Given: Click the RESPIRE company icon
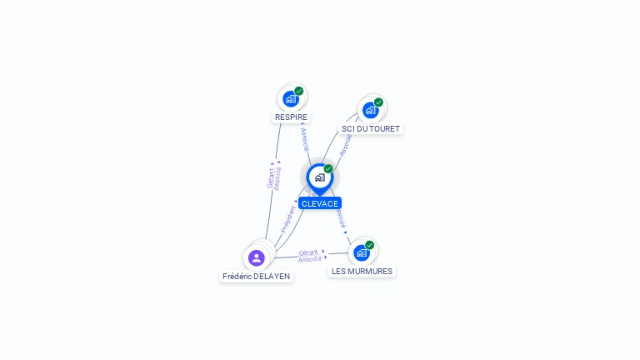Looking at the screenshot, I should click(290, 99).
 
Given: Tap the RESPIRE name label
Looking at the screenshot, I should click(291, 117).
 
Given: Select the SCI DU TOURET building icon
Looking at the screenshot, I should click(370, 110).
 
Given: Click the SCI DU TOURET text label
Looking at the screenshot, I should click(371, 129).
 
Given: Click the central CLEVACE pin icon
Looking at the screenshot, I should click(319, 177).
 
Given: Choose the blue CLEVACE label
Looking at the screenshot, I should click(320, 203).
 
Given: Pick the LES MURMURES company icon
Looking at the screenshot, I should click(361, 252).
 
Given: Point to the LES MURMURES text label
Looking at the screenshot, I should click(362, 271).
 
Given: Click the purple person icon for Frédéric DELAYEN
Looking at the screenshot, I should click(257, 258).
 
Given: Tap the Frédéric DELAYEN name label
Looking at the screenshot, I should click(257, 276).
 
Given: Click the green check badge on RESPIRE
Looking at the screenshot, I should click(298, 92).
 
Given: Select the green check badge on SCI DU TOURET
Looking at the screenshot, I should click(378, 102).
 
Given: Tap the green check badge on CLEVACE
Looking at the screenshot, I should click(328, 169).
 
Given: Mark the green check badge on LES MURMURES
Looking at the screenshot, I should click(369, 245).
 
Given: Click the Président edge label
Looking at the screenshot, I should click(288, 217).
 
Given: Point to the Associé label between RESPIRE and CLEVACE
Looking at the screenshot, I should click(305, 138).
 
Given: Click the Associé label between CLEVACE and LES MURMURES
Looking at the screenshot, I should click(340, 218).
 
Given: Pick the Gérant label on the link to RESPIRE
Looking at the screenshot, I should click(270, 177).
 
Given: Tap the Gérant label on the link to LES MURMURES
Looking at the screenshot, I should click(308, 252).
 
